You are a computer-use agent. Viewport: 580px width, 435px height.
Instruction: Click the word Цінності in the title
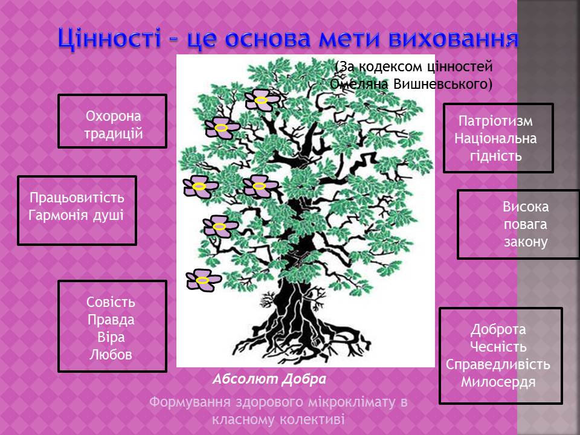pyautogui.click(x=109, y=38)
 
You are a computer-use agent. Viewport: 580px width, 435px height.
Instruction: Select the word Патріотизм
pyautogui.click(x=495, y=121)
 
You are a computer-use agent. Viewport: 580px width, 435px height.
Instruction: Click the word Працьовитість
pyautogui.click(x=77, y=198)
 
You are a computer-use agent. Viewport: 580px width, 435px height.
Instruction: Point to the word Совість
pyautogui.click(x=111, y=302)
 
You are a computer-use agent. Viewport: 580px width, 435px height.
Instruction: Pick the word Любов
pyautogui.click(x=111, y=355)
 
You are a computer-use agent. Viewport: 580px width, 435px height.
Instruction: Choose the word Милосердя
pyautogui.click(x=498, y=382)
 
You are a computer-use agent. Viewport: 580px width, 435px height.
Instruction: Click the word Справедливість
pyautogui.click(x=498, y=364)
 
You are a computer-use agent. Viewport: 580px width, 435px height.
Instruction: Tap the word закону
pyautogui.click(x=526, y=242)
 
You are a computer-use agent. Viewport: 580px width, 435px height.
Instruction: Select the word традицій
pyautogui.click(x=113, y=134)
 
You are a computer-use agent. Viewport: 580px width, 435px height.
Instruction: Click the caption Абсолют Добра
pyautogui.click(x=269, y=379)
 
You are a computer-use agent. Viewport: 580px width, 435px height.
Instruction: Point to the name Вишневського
pyautogui.click(x=442, y=84)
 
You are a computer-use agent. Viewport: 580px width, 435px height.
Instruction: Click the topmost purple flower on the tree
pyautogui.click(x=262, y=100)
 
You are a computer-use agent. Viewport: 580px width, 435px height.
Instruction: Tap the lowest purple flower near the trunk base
pyautogui.click(x=203, y=280)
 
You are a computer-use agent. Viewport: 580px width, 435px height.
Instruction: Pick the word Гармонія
pyautogui.click(x=58, y=215)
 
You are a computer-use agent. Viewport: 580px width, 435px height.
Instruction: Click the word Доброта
pyautogui.click(x=498, y=329)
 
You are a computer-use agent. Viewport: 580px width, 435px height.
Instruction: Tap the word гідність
pyautogui.click(x=495, y=156)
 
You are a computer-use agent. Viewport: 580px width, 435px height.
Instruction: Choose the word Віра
pyautogui.click(x=111, y=337)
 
